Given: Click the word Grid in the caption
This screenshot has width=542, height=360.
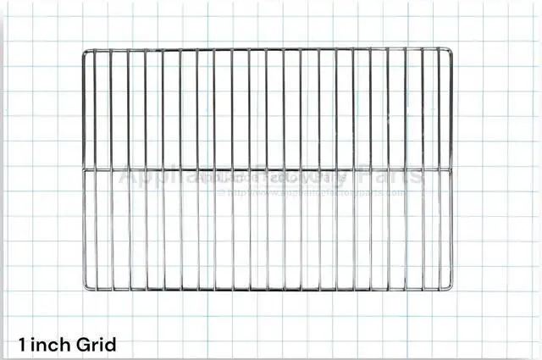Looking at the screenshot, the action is click(x=95, y=345).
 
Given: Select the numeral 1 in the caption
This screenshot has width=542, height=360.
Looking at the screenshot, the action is click(x=22, y=345).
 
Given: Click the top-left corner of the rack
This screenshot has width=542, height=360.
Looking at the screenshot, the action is click(x=83, y=49).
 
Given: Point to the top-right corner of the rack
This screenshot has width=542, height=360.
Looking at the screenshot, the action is click(x=451, y=48).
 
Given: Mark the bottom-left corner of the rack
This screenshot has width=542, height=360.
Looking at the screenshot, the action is click(x=83, y=290).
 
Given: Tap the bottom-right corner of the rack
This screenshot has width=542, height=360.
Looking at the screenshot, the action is click(x=451, y=290).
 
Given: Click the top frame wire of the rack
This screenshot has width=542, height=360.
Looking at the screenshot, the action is click(x=267, y=48).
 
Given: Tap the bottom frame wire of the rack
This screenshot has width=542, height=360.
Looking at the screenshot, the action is click(x=267, y=290).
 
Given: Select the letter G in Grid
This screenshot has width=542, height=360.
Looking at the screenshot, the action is click(x=80, y=345).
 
